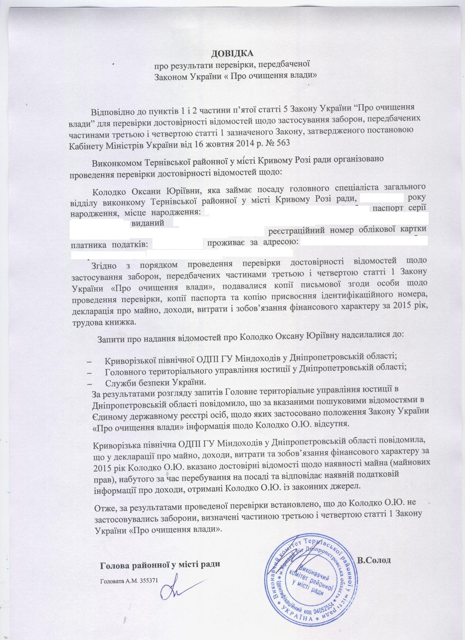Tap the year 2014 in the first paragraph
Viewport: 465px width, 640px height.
(233, 143)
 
